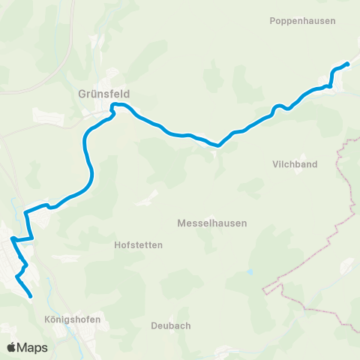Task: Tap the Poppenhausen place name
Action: tap(302, 21)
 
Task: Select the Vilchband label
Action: tap(295, 164)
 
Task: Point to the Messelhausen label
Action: tap(212, 223)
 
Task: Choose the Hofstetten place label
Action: tap(138, 244)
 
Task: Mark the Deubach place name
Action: tap(170, 325)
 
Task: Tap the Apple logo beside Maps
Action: tap(12, 347)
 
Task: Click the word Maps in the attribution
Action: tap(33, 347)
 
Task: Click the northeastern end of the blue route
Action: tap(348, 64)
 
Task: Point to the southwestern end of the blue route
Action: tap(31, 297)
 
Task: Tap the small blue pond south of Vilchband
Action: tap(250, 271)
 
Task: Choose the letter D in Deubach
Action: tap(153, 325)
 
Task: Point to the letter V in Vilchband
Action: tap(275, 164)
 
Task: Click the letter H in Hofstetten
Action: tap(117, 244)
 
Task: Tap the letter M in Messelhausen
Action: tap(181, 223)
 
